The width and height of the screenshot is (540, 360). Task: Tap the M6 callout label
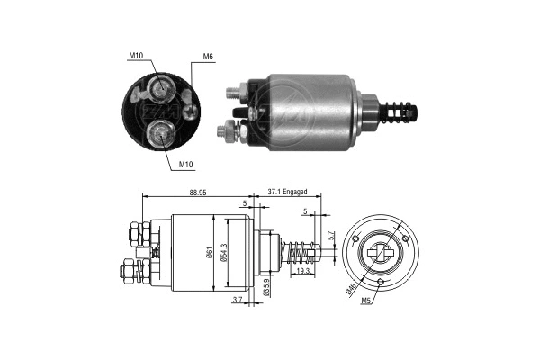(x=208, y=58)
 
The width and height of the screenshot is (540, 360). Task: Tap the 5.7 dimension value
(x=330, y=235)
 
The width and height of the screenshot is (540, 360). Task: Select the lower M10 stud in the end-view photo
(x=160, y=136)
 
